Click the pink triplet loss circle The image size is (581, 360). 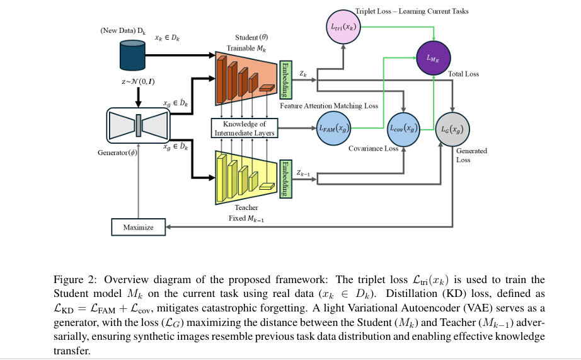(x=344, y=27)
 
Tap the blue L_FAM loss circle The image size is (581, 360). (x=334, y=128)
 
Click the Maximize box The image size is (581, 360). (x=138, y=227)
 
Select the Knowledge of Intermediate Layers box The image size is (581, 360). (x=244, y=129)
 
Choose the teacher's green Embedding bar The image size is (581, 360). (x=287, y=178)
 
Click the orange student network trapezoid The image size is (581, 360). (x=246, y=77)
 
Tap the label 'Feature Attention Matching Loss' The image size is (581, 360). (x=329, y=106)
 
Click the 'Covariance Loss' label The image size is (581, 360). (x=373, y=149)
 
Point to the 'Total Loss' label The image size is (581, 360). (x=463, y=74)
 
